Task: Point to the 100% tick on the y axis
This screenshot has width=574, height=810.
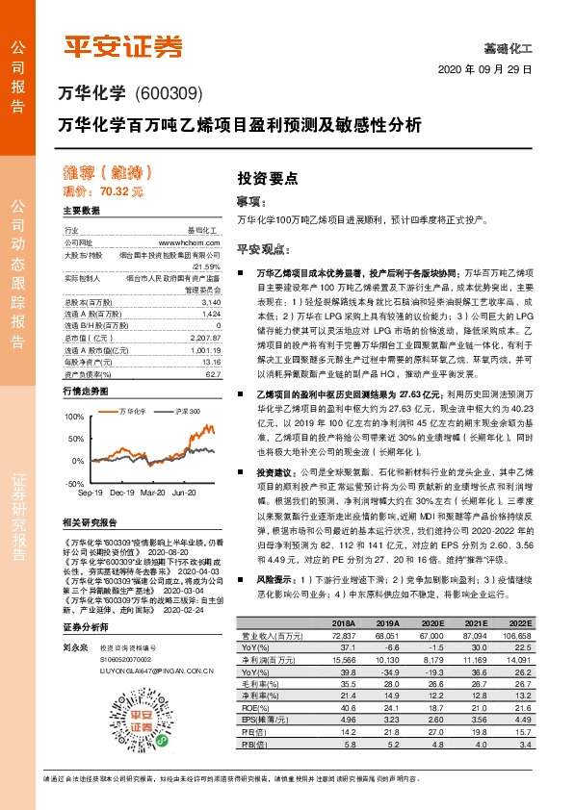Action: tap(75, 392)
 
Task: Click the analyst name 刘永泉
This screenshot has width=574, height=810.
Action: tap(75, 675)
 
